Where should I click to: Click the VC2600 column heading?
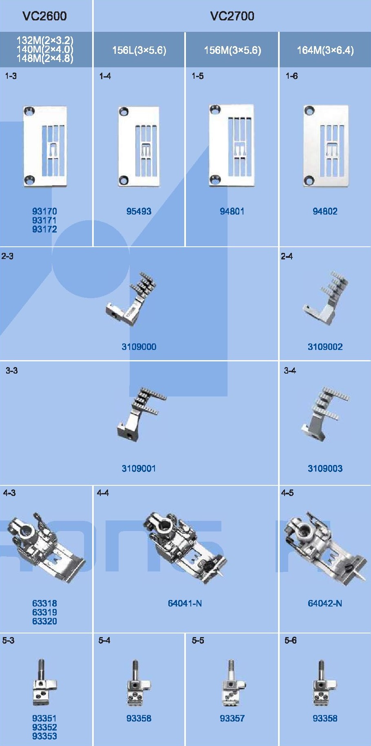[x=44, y=16]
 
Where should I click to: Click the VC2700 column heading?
[x=232, y=16]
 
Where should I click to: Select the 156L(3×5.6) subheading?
[x=139, y=50]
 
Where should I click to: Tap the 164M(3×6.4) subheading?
[x=325, y=50]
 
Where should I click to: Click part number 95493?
[x=139, y=211]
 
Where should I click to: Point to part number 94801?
[x=232, y=211]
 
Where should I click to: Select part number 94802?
[x=325, y=211]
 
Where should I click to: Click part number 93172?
[x=44, y=229]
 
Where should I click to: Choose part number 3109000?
[x=139, y=347]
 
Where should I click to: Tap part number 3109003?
[x=325, y=468]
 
